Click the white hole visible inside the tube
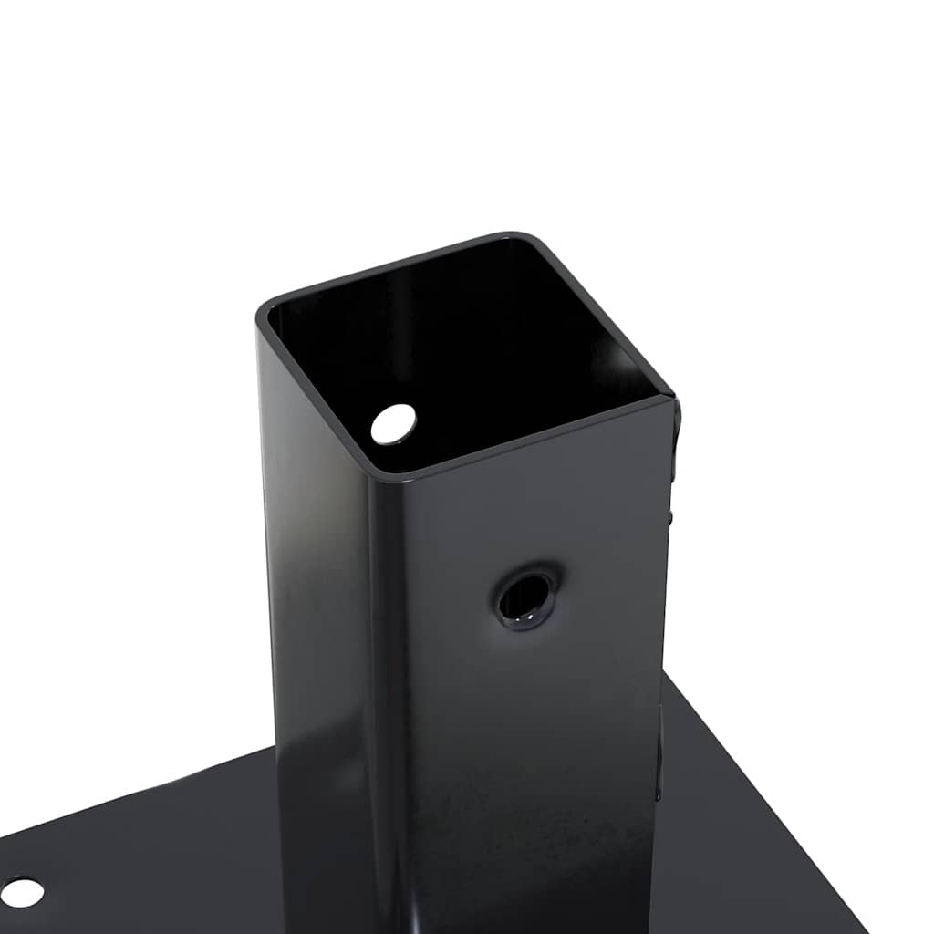coord(393,423)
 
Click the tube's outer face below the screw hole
coord(529,775)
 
